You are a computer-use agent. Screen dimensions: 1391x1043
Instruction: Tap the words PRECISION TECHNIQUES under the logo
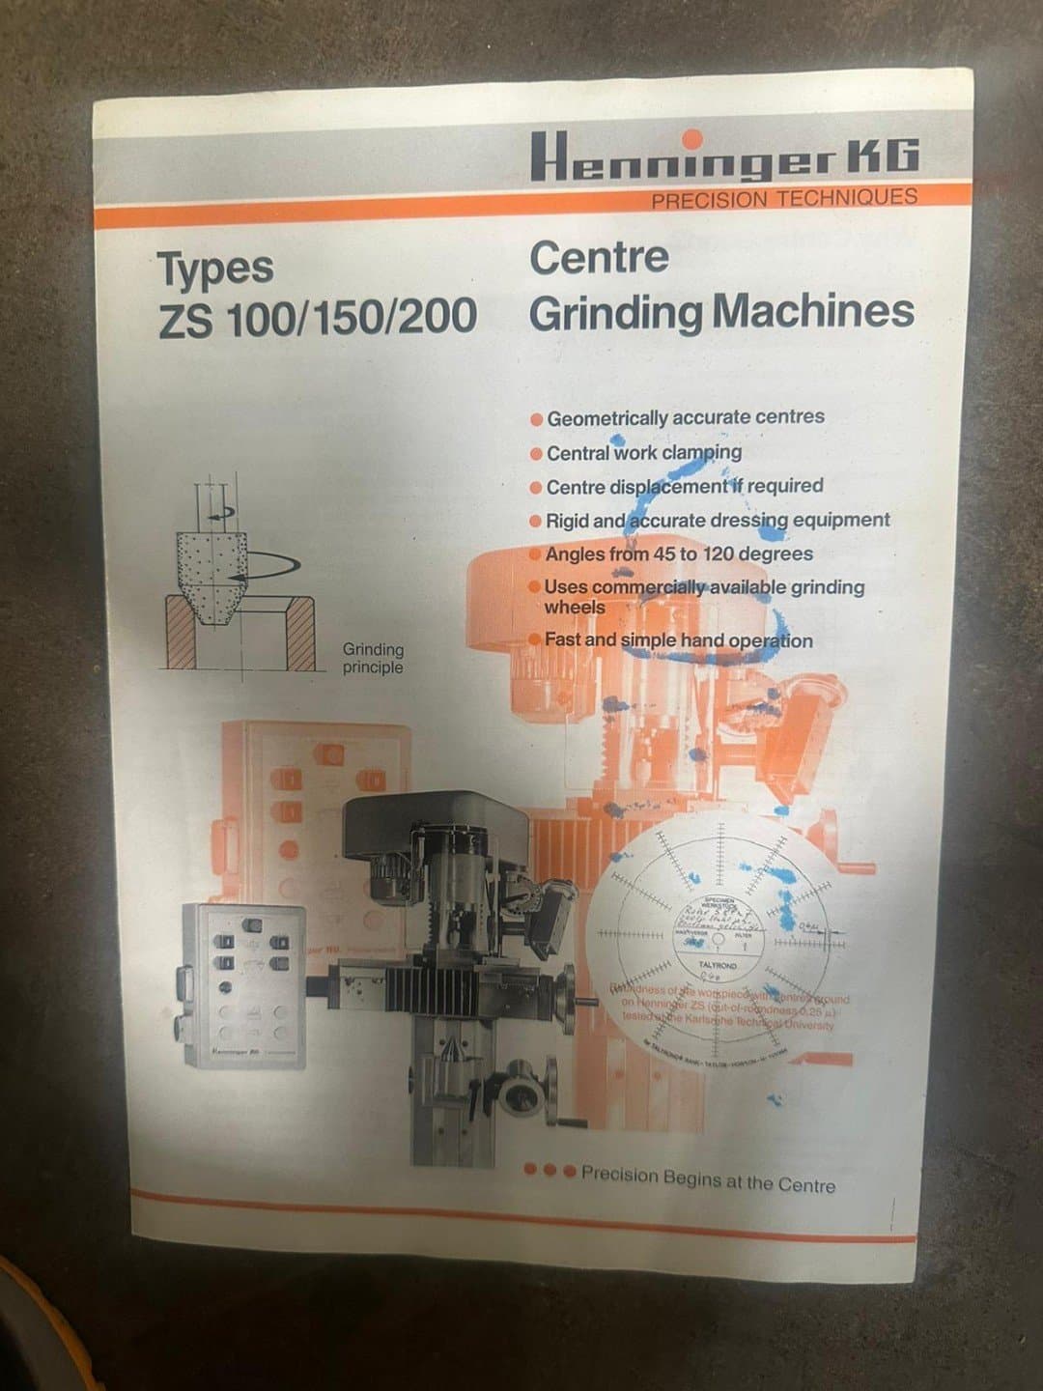click(x=783, y=199)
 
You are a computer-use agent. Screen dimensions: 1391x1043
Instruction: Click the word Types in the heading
click(x=215, y=269)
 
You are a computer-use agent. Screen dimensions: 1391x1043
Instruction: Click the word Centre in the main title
click(x=599, y=258)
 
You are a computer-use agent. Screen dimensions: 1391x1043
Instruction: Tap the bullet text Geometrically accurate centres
click(x=685, y=417)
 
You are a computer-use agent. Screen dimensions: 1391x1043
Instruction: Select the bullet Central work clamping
click(x=643, y=452)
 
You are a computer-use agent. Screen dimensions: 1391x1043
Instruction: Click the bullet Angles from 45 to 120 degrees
click(x=678, y=554)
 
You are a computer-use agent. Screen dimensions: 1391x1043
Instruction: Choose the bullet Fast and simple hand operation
click(x=678, y=639)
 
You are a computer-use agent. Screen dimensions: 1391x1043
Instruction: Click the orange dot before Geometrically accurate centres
click(x=536, y=419)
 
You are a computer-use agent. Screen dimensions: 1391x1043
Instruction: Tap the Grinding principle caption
click(x=373, y=658)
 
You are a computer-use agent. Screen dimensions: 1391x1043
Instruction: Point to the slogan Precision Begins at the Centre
click(x=708, y=1179)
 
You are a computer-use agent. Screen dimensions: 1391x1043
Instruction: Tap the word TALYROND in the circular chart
click(x=718, y=965)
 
